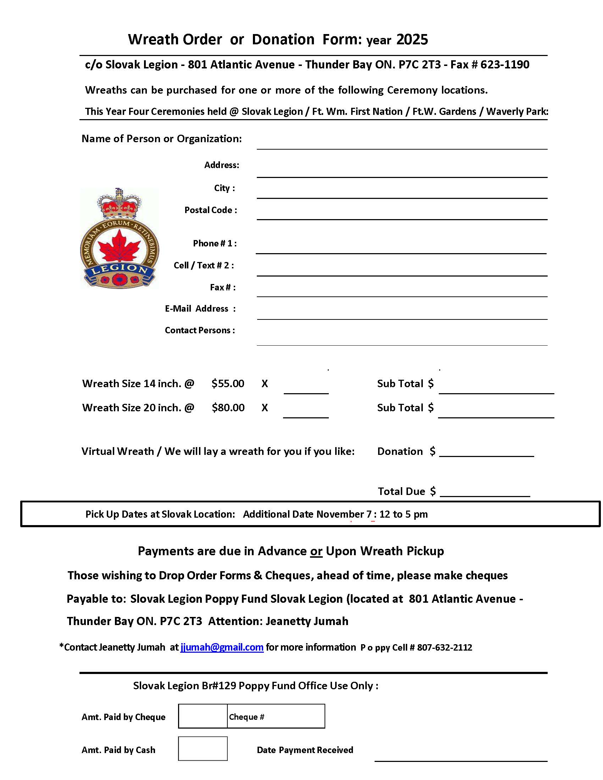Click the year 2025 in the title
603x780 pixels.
coord(412,39)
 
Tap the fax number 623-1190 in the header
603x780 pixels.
coord(504,65)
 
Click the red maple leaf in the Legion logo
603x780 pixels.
coord(119,246)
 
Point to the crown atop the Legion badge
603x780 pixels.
coord(119,204)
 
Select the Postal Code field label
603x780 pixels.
coord(210,210)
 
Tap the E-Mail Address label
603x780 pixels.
coord(200,308)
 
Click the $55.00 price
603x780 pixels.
coord(228,384)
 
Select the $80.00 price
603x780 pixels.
coord(228,407)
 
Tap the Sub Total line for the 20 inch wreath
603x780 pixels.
coord(496,413)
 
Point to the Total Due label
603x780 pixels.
coord(401,491)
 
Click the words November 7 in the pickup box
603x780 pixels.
coord(344,514)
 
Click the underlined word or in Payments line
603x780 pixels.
coord(316,551)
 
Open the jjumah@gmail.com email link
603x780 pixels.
coord(222,647)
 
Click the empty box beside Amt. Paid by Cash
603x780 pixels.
coord(203,748)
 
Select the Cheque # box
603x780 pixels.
coord(276,716)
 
